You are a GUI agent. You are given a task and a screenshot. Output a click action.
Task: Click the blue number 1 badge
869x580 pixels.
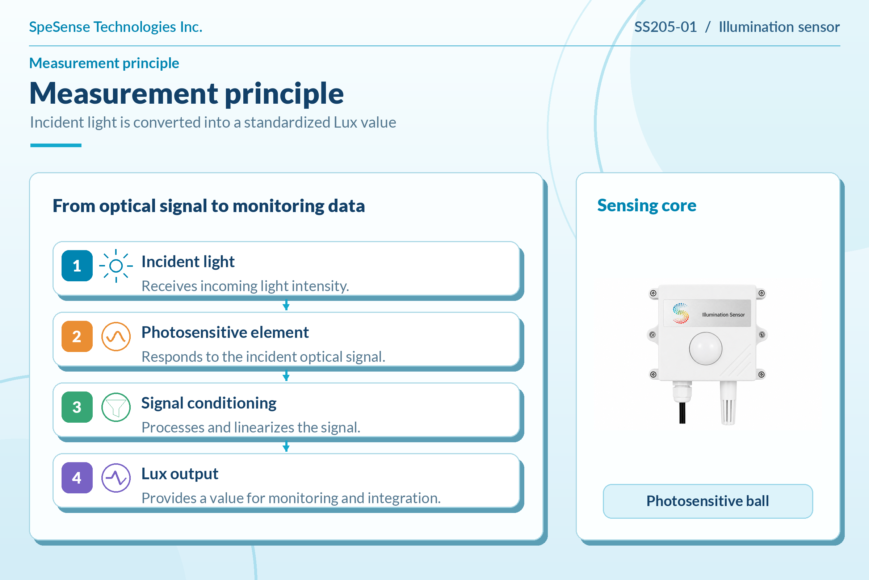click(77, 266)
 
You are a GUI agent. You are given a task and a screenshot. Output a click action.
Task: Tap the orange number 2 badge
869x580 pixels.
click(77, 336)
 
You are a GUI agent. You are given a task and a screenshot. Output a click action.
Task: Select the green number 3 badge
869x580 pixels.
click(77, 407)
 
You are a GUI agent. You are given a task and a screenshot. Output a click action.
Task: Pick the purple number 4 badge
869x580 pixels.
click(77, 477)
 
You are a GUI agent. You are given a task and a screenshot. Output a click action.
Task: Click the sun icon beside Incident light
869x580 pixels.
click(116, 266)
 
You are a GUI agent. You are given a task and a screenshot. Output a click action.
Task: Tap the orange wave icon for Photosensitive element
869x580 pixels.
click(116, 336)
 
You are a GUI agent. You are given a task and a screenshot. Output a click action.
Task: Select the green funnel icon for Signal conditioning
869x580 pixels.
click(116, 407)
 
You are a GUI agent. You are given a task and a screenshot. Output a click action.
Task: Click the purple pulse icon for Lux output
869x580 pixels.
click(116, 477)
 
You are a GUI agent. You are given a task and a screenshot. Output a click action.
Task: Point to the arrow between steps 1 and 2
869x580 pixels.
click(286, 305)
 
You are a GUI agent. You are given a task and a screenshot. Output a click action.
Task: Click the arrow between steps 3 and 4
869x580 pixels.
click(286, 446)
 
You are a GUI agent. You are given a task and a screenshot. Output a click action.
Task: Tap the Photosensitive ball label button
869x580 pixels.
click(708, 501)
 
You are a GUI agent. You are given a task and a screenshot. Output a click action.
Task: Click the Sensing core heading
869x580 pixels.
click(647, 205)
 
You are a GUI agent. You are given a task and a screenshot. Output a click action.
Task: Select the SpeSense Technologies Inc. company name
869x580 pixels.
click(116, 27)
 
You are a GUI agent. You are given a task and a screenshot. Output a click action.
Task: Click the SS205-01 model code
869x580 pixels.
click(666, 27)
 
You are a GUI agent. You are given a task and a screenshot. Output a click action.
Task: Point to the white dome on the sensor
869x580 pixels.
click(705, 348)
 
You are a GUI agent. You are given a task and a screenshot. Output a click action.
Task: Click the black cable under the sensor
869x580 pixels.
click(682, 413)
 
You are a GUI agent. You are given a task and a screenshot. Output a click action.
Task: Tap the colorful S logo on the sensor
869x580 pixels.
click(681, 313)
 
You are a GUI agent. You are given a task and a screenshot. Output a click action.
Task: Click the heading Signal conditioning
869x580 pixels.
click(209, 403)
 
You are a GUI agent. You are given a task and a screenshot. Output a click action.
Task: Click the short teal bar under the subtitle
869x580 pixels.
click(56, 145)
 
